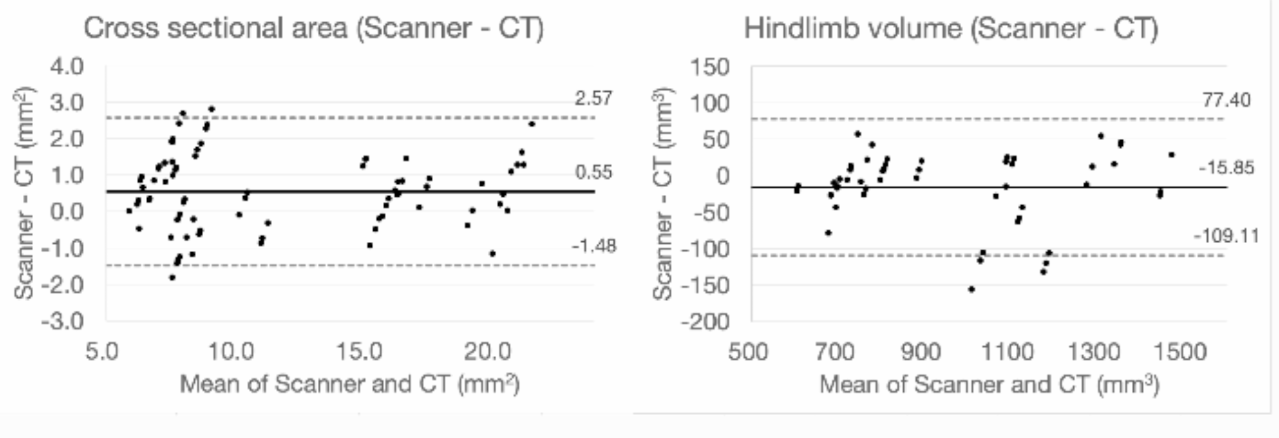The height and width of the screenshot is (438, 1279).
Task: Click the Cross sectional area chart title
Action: [x=313, y=29]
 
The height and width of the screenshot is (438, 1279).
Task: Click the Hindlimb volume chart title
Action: [x=950, y=29]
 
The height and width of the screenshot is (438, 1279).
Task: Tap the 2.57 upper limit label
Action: [x=593, y=99]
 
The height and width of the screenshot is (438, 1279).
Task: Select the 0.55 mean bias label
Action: [x=593, y=173]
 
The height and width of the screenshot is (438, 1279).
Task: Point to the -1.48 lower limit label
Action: [x=593, y=246]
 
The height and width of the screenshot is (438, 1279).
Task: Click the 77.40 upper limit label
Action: [x=1226, y=100]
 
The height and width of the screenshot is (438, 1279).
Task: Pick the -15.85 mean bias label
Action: [x=1226, y=168]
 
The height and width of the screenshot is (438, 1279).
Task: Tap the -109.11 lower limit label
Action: [x=1225, y=236]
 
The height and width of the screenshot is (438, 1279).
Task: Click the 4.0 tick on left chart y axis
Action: [x=66, y=66]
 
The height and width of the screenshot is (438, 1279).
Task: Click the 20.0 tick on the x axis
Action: [x=488, y=351]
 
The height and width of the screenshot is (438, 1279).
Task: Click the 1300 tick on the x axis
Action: [x=1094, y=351]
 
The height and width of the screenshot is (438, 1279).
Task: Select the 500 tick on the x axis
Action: [x=748, y=351]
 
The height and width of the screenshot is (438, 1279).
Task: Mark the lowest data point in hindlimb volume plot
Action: [x=971, y=289]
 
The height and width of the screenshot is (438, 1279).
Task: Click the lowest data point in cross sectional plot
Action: [x=172, y=278]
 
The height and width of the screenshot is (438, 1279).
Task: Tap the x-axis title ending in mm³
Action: [x=989, y=385]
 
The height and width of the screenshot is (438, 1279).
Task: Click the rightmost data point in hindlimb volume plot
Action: [x=1171, y=155]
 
